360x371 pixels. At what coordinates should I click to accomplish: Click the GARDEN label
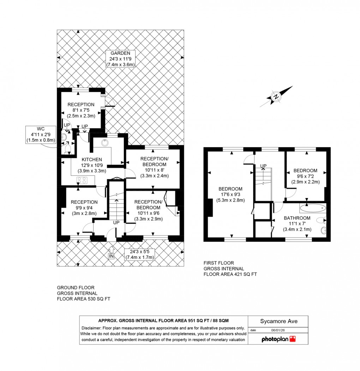tap(120, 53)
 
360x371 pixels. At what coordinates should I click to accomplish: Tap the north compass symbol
tap(276, 96)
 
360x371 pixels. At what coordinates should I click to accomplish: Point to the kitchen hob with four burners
tap(82, 180)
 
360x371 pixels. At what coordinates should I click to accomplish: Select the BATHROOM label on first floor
tap(297, 218)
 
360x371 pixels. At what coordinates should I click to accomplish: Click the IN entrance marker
tap(111, 256)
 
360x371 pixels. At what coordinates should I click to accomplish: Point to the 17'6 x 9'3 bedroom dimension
tap(230, 195)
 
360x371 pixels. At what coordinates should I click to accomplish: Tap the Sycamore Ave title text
tap(279, 321)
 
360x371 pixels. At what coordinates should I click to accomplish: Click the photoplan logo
tap(278, 339)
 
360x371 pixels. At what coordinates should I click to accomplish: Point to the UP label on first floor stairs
tap(263, 166)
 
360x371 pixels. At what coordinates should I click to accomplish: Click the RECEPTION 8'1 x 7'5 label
tap(81, 104)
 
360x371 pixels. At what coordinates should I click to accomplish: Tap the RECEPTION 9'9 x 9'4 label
tap(84, 202)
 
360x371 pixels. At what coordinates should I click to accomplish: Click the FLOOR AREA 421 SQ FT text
tap(230, 274)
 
